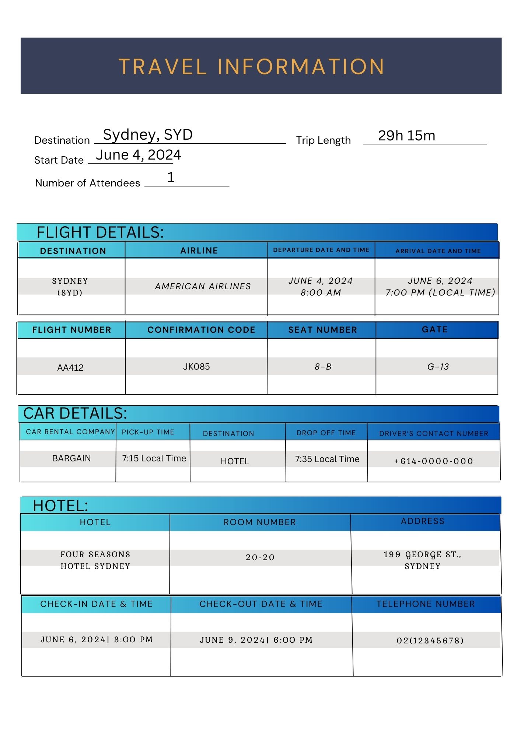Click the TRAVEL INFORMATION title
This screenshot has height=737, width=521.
coord(252,67)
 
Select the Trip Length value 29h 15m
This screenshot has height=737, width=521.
coord(406,136)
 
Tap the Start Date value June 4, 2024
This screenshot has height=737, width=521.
coord(138,155)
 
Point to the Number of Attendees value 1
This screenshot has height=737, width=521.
coord(171,178)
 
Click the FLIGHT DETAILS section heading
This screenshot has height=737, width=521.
coord(100,233)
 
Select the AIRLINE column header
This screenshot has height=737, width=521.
coord(199,251)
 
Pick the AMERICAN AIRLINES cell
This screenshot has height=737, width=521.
coord(203,286)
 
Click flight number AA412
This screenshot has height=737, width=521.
coord(70,367)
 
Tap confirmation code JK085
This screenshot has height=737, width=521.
coord(196,367)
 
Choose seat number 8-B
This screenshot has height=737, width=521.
coord(323,367)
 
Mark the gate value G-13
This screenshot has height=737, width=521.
coord(438,367)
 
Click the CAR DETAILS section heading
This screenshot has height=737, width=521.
coord(75,413)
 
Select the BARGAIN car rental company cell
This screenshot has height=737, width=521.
coord(71,458)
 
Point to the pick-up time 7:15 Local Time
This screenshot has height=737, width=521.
coord(154,458)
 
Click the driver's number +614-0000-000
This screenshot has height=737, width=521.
coord(434,461)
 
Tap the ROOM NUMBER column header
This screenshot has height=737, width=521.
coord(260,522)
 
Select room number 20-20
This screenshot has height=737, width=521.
coord(260,558)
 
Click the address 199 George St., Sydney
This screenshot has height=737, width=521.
coord(423,560)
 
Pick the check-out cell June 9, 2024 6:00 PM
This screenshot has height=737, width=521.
coord(256,640)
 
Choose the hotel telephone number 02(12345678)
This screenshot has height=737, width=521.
coord(430,641)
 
